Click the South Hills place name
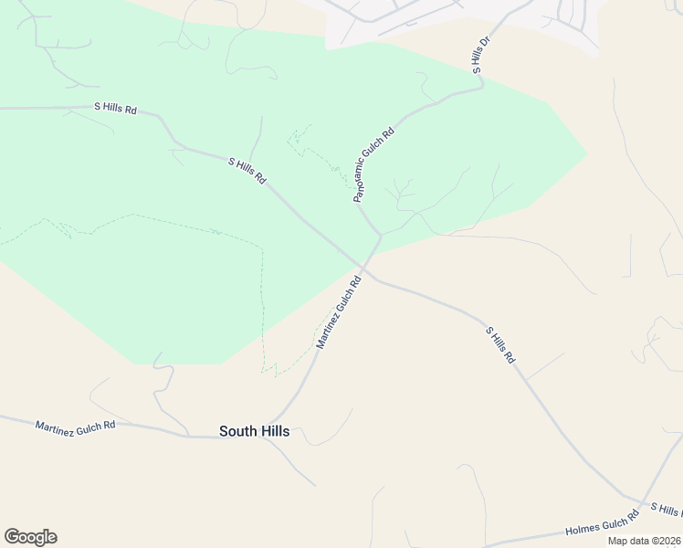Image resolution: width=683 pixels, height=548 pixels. [x=254, y=431]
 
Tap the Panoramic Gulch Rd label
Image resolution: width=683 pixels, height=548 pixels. [x=373, y=164]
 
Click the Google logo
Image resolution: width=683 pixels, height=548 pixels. [x=30, y=537]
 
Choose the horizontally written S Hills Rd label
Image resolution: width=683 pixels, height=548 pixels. [x=115, y=108]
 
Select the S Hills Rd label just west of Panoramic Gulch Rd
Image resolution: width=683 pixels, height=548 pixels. [x=247, y=170]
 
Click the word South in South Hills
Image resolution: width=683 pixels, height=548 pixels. [x=236, y=431]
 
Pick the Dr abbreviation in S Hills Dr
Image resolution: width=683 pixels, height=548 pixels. [x=484, y=44]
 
